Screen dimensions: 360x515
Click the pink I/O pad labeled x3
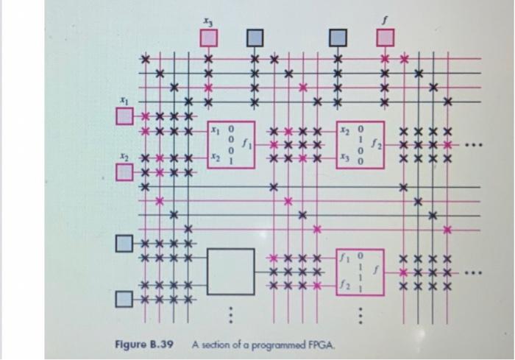tap(207, 35)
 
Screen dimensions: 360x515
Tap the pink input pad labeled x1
tap(124, 115)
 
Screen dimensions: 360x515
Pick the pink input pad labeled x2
tap(124, 173)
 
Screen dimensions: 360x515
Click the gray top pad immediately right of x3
tap(254, 35)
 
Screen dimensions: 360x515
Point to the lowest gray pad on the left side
tap(124, 298)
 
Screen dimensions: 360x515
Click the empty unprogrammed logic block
tap(231, 272)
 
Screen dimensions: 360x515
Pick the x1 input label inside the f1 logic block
tap(216, 130)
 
